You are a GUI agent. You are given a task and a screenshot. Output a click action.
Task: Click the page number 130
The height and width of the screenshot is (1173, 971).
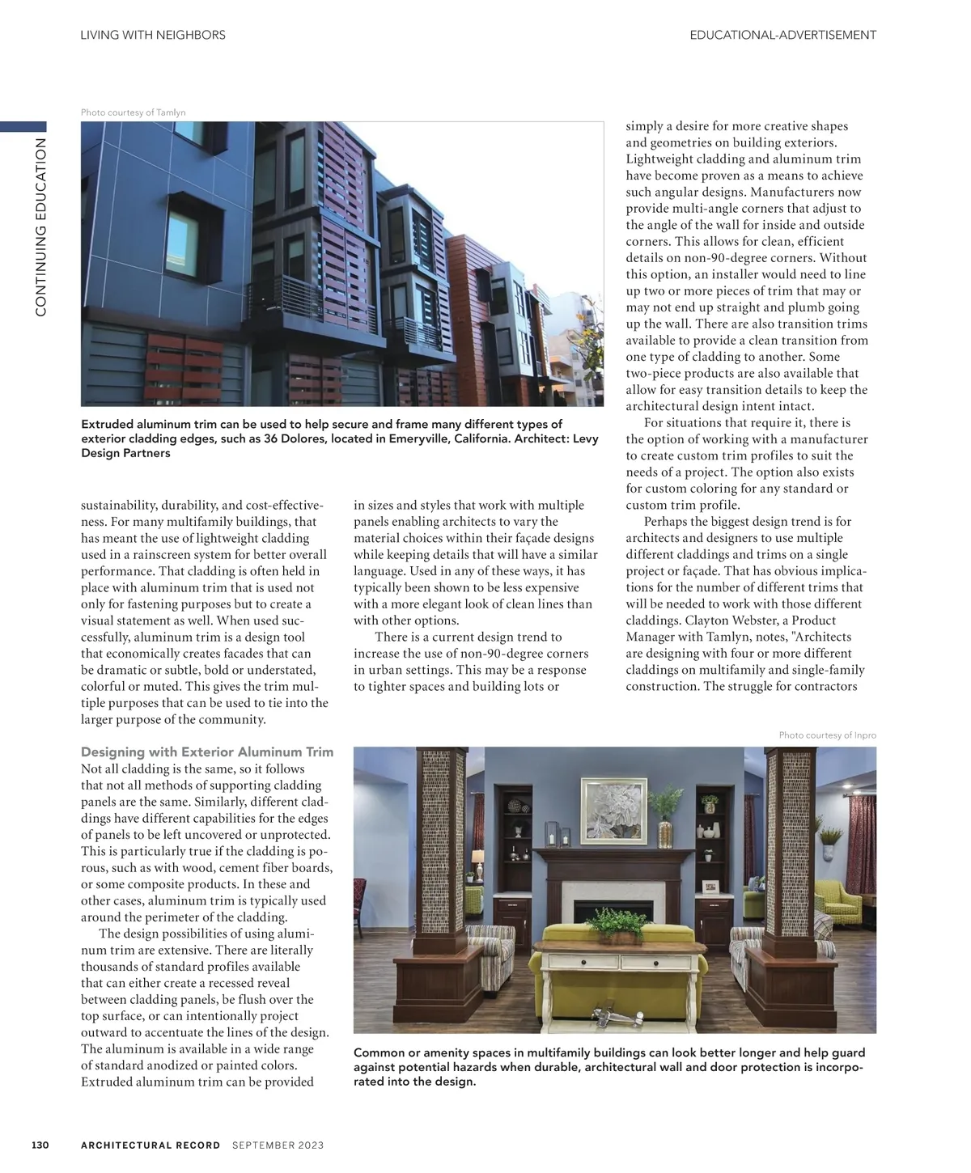point(40,1145)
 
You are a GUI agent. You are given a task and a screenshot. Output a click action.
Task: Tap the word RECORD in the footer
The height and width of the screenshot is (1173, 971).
point(195,1145)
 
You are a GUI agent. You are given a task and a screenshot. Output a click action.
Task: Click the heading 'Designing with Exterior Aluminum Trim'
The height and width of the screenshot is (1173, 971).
point(207,752)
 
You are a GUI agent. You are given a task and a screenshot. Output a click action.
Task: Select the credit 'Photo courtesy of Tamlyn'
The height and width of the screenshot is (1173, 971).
point(134,112)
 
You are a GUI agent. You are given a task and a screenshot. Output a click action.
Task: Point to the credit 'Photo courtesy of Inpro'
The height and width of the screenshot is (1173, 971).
point(827,735)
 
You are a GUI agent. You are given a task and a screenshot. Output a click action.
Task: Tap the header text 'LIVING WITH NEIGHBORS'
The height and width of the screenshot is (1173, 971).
point(153,35)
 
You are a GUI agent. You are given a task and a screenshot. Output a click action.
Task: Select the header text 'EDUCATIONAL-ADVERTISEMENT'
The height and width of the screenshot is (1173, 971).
point(782,35)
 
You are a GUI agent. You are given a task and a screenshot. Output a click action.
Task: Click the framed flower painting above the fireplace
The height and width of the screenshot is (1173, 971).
point(614,811)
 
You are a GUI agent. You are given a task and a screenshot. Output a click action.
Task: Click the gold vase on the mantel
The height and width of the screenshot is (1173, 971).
point(665,832)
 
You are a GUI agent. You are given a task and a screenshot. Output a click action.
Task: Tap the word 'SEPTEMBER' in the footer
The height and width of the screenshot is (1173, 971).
point(263,1145)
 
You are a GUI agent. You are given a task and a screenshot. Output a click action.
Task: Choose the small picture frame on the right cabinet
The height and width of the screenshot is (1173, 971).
point(710,887)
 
